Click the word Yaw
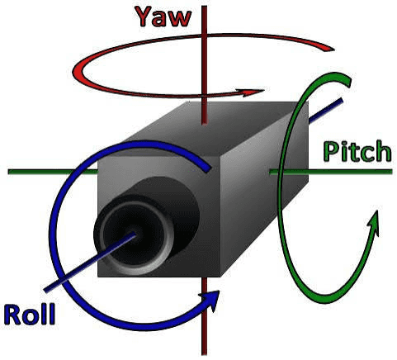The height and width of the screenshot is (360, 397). [x=163, y=17]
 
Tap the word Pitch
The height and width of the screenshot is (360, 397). [x=357, y=151]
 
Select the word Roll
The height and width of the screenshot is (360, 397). [x=30, y=315]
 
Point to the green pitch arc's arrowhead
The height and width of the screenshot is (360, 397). [x=374, y=221]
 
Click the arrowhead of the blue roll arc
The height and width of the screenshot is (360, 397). [x=211, y=300]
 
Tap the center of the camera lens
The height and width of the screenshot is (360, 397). [x=135, y=234]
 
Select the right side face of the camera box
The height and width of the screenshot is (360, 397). [x=264, y=187]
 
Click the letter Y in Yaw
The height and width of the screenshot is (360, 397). [x=145, y=17]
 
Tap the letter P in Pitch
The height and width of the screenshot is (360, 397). [x=331, y=151]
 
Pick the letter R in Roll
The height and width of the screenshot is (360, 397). [x=12, y=315]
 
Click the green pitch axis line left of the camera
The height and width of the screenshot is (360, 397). [x=53, y=172]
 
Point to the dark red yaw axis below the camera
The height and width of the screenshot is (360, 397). [x=204, y=316]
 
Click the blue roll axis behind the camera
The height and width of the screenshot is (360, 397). [x=326, y=110]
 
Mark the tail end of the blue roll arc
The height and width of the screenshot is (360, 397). [x=207, y=168]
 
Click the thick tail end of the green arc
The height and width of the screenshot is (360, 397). [x=347, y=81]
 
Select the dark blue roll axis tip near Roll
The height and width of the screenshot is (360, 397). [x=46, y=290]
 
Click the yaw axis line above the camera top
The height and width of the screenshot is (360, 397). [x=204, y=65]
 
